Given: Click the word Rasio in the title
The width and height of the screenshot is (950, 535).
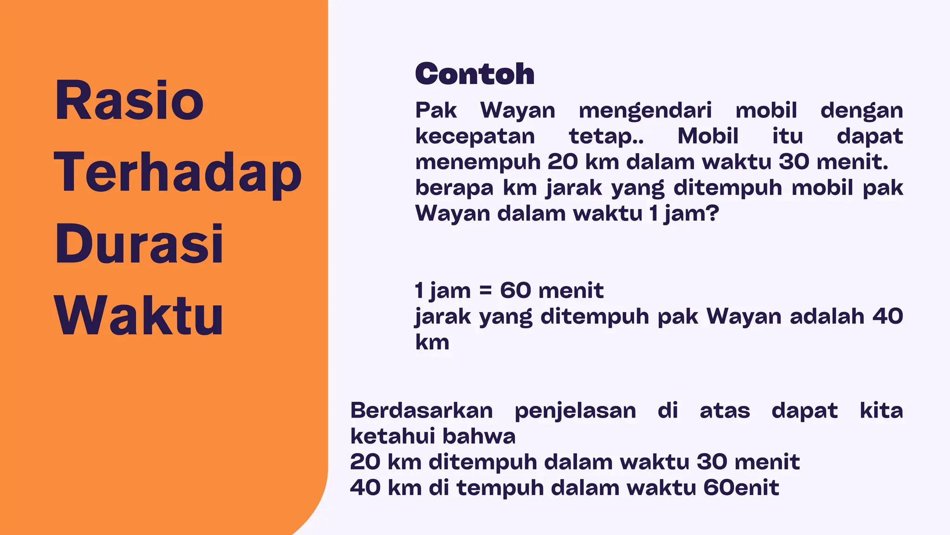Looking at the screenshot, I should point(129,101).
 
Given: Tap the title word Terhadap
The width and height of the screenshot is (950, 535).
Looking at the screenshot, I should point(178,173).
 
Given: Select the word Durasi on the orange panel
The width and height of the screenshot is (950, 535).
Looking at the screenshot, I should point(139,244).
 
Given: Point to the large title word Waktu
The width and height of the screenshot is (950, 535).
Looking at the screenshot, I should point(139,316).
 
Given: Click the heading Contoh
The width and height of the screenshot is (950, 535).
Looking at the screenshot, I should point(475,74).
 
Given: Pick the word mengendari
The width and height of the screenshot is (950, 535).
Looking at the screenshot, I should point(645,111).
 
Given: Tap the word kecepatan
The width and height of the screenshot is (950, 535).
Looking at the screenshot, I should point(475,137).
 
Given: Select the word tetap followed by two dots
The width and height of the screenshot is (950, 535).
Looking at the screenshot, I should point(606,137).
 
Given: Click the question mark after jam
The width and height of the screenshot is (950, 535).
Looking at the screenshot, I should point(713,214).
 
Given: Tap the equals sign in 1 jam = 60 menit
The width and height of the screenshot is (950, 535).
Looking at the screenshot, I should point(485,291).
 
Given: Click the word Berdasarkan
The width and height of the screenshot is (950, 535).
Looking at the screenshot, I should point(421,411).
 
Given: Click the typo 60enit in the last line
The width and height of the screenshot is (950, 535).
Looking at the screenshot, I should point(741,488).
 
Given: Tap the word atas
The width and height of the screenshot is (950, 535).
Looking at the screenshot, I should point(725,411).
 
